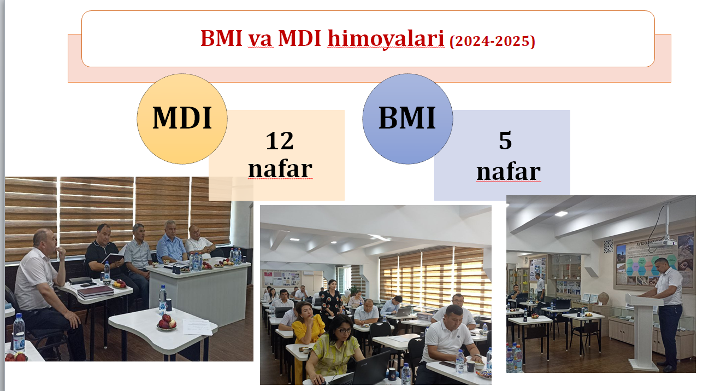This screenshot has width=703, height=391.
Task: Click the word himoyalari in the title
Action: coord(386,39)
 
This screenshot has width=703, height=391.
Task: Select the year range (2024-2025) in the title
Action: coord(492,41)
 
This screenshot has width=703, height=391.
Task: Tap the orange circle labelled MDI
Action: coord(182,119)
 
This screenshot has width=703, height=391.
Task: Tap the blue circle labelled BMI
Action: coord(407,119)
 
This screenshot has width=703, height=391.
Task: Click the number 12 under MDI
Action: coord(280,141)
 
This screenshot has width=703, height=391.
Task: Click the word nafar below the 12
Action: coord(280,169)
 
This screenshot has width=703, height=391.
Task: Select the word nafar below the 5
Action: coord(509,172)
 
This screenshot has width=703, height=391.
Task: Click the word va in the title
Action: coord(261,39)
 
